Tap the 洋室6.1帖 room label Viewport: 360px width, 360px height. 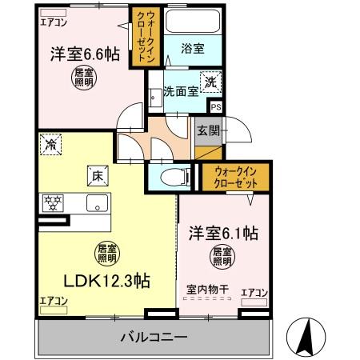point(223,234)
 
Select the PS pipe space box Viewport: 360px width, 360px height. point(214,105)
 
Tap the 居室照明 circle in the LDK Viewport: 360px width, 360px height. point(107,252)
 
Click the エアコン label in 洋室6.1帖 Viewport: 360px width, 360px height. point(254,294)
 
